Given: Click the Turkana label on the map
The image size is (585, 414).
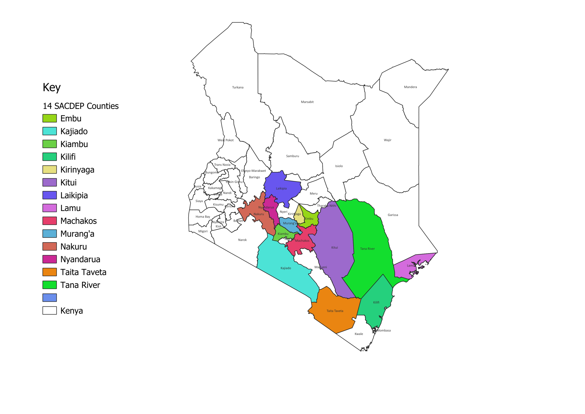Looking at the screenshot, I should tap(237, 87).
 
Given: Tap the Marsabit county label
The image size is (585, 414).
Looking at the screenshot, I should tap(307, 102).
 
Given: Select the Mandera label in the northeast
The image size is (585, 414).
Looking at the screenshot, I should tap(410, 87).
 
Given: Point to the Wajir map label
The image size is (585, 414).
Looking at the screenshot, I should tap(387, 140).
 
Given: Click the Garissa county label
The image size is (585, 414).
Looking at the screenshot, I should tap(393, 215).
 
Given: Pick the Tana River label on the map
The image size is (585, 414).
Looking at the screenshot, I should tap(367, 249).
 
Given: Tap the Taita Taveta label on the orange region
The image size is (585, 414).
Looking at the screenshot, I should tap(335, 311).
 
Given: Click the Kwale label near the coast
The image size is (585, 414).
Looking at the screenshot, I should tap(359, 334).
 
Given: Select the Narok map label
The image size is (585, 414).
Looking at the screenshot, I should tap(242, 240).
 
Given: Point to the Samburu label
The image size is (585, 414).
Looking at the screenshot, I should tap(292, 156).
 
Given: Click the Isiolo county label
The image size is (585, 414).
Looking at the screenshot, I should tap(339, 166).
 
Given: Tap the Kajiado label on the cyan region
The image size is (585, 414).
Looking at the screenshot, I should tap(285, 268).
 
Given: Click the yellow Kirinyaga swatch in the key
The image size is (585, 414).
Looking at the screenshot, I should tap(49, 170).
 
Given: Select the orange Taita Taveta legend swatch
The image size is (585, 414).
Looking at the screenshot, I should tap(49, 272).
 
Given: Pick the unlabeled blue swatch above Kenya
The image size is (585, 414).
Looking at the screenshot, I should tap(49, 297).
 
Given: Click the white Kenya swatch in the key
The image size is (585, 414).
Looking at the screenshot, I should tap(49, 310).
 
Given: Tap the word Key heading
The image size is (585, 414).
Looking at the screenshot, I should tap(51, 88).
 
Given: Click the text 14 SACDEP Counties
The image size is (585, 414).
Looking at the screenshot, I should tap(80, 106).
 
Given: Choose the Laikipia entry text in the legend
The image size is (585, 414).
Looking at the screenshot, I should tap(74, 195).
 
